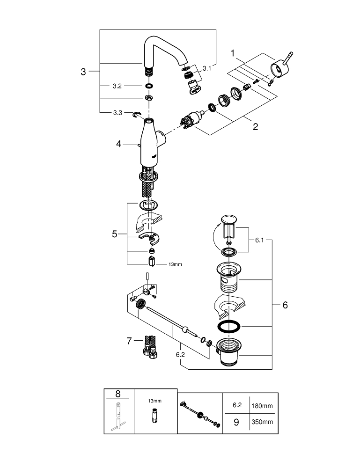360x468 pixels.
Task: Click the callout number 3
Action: (83, 72)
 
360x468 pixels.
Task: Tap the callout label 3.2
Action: (117, 86)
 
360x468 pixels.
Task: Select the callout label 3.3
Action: (117, 113)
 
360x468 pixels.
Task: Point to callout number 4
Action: (119, 145)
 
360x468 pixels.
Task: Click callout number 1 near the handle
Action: (233, 54)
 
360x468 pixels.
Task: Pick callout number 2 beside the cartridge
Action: (255, 127)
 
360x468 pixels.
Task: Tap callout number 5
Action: (114, 234)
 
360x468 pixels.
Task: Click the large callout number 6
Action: (285, 305)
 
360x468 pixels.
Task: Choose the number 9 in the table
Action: (236, 422)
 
